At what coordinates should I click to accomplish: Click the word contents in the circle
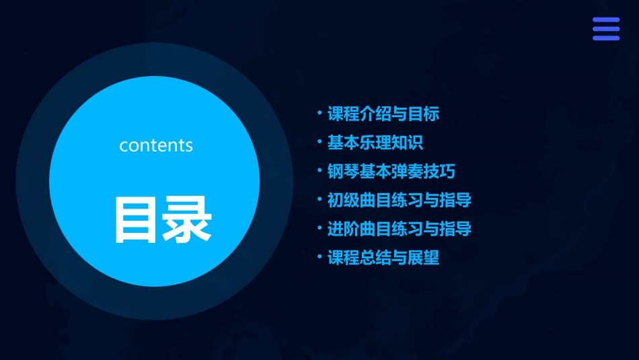click(156, 145)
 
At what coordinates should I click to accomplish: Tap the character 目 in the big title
click(138, 219)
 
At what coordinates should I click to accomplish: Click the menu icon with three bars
click(605, 29)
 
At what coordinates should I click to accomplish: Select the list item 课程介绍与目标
click(383, 114)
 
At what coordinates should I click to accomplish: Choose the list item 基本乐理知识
click(375, 143)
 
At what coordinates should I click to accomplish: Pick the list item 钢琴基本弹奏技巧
click(391, 172)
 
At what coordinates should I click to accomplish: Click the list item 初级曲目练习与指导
click(400, 200)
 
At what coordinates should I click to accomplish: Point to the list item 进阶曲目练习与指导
click(400, 229)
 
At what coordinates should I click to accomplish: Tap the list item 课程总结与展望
click(383, 258)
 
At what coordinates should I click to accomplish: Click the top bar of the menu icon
click(605, 20)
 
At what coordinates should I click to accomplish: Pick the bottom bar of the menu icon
click(605, 38)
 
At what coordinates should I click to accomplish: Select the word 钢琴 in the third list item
click(343, 172)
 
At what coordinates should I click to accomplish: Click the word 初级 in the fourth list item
click(343, 200)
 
